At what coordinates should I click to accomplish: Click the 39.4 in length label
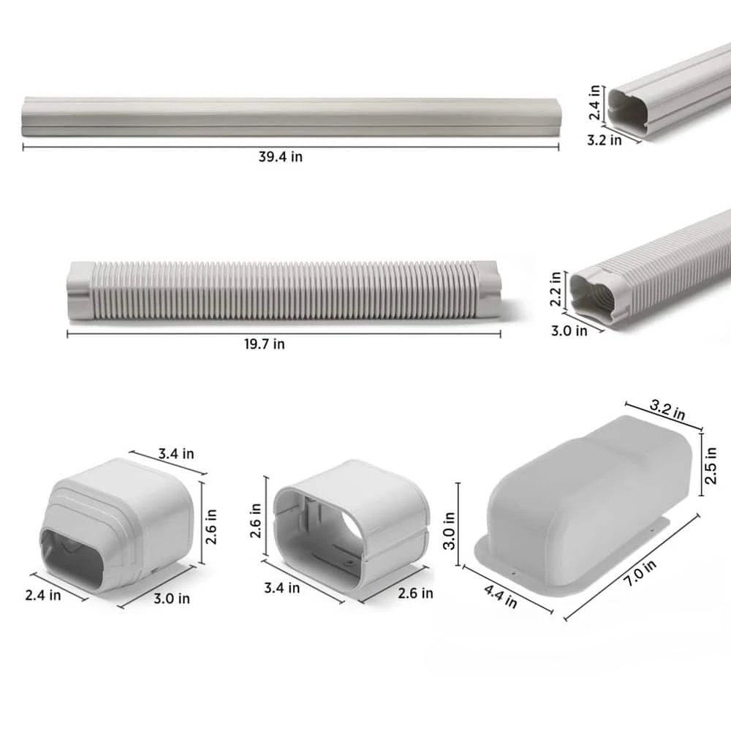point(280,156)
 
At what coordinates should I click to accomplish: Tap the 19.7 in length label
point(265,344)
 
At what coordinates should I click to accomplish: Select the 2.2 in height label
point(556,289)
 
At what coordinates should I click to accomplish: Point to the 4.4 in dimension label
point(500,596)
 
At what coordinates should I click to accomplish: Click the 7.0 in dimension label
point(640,573)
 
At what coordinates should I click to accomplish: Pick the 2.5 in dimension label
point(711,466)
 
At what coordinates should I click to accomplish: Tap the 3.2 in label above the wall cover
point(667,410)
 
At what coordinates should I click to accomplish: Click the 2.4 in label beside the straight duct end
point(594,102)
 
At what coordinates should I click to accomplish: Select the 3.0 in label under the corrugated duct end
point(569,330)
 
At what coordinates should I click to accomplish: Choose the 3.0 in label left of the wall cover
point(449,531)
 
